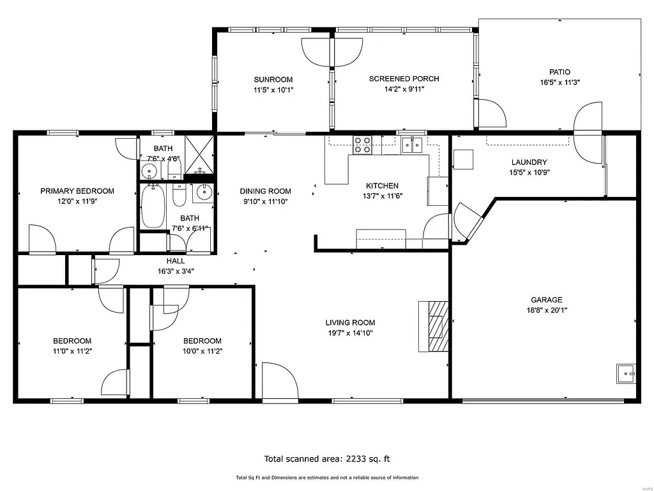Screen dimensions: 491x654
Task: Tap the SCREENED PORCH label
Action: click(404, 79)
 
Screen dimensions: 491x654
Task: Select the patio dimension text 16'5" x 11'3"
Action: click(559, 82)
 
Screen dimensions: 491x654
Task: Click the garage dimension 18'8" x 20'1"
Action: click(547, 310)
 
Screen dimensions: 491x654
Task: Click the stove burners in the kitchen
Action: click(363, 146)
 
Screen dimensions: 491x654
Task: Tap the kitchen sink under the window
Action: click(413, 146)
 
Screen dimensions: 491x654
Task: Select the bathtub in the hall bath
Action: click(153, 206)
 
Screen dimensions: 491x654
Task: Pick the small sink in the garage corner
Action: click(626, 373)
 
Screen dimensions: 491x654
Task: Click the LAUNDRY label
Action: click(529, 162)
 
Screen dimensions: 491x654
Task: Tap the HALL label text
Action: click(176, 261)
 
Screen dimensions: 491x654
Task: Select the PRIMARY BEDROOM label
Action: click(77, 191)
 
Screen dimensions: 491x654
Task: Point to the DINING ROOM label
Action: click(265, 191)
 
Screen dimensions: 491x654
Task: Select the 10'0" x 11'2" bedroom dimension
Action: click(202, 350)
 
